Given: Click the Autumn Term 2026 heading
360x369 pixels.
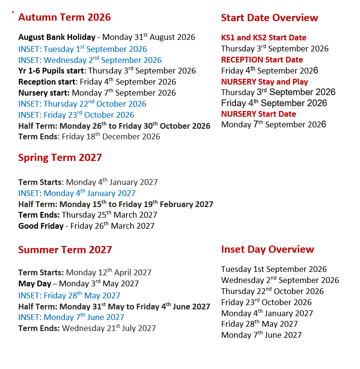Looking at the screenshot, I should click(x=64, y=18).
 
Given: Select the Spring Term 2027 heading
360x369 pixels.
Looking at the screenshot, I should click(x=60, y=158).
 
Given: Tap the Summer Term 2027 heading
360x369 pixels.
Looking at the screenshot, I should click(x=65, y=250).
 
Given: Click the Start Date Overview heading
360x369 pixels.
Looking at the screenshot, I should click(x=269, y=18).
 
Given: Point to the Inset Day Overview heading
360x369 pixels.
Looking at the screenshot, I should click(x=267, y=250).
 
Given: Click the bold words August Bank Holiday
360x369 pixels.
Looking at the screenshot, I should click(x=57, y=37).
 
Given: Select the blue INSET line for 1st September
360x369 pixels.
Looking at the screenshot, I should click(x=83, y=49).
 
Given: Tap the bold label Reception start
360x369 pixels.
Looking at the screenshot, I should click(x=47, y=82).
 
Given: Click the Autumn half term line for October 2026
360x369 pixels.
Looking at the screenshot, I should click(x=114, y=126).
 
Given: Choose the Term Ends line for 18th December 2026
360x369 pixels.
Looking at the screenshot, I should click(x=89, y=137).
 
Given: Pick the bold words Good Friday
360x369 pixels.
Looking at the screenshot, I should click(x=41, y=226).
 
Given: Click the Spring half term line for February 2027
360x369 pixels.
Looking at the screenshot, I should click(x=116, y=204).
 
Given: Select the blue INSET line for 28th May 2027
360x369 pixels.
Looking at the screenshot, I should click(x=69, y=295).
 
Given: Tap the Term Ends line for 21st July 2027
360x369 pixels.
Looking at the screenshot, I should click(x=87, y=329).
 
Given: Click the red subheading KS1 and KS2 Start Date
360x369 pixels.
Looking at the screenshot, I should click(x=263, y=38).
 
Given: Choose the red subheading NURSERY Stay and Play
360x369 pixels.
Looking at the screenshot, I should click(x=264, y=82).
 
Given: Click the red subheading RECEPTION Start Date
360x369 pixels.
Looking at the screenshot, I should click(x=262, y=60).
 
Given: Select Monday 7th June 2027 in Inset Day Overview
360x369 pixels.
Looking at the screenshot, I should click(x=261, y=335).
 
